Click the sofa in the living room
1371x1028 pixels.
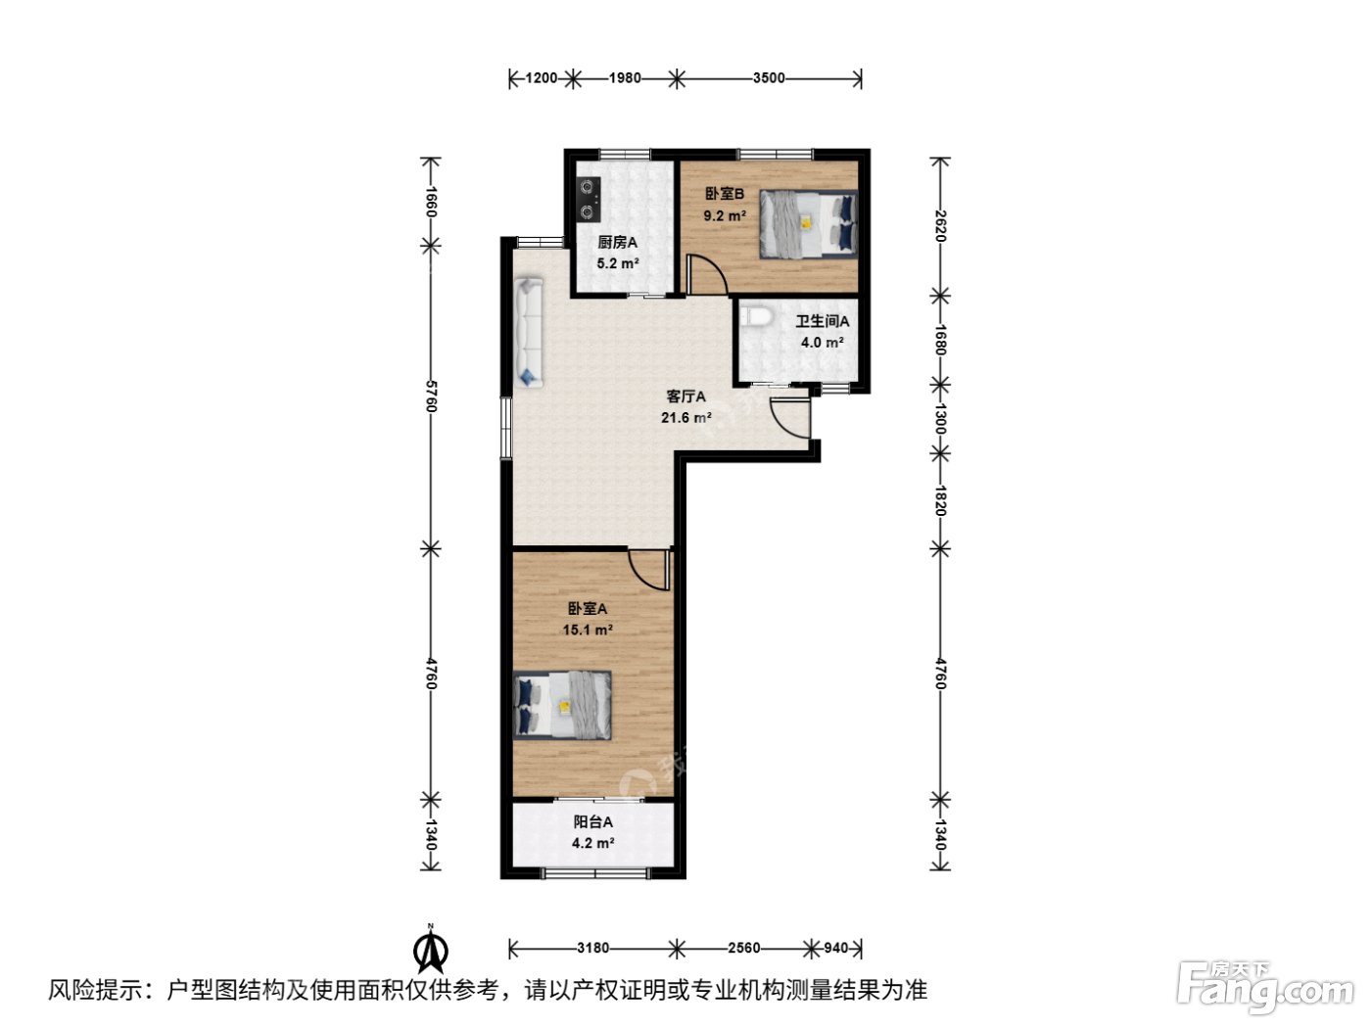(529, 333)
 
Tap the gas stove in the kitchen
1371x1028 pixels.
(588, 199)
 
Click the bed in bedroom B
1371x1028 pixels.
(808, 224)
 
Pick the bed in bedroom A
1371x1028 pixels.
(562, 705)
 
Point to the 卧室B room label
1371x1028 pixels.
(725, 194)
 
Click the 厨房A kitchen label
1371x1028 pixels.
(617, 242)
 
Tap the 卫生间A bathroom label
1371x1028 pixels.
(822, 321)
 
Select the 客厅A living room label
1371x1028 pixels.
(685, 397)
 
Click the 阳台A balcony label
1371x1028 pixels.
(592, 822)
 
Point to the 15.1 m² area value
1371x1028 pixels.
(588, 630)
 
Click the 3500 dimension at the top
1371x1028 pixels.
(769, 78)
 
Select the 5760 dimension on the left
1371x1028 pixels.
(431, 397)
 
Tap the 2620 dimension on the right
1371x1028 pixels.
(940, 226)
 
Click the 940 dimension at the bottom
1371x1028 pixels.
(835, 948)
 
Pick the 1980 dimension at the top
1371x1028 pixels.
(625, 78)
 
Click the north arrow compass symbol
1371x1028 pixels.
(430, 950)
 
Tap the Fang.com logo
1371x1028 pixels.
(1264, 988)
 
